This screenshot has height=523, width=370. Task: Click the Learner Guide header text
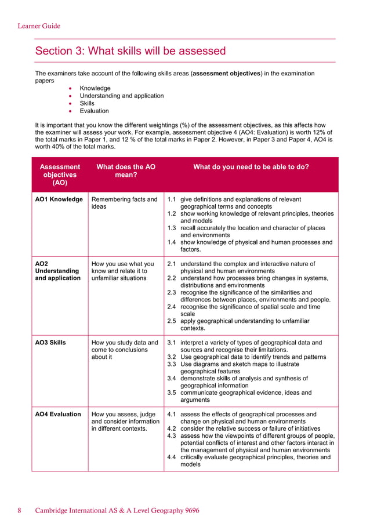[x=39, y=26]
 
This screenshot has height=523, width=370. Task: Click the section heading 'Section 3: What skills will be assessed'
[x=130, y=51]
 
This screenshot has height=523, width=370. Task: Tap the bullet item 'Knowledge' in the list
[x=95, y=88]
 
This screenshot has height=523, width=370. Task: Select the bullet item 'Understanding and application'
[x=121, y=96]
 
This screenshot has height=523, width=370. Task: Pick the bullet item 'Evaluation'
[x=94, y=111]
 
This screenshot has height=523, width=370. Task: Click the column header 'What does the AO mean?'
[x=125, y=170]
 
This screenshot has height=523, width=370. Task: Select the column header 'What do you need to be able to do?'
[x=251, y=166]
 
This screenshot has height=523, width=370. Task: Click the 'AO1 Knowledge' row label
[x=59, y=199]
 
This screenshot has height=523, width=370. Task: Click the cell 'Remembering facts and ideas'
[x=124, y=203]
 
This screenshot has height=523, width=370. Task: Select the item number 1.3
[x=172, y=228]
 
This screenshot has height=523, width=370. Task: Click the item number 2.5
[x=172, y=321]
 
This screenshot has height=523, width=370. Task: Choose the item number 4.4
[x=172, y=457]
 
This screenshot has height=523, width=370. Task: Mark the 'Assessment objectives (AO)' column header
[x=60, y=174]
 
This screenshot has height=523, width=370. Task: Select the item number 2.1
[x=172, y=264]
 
